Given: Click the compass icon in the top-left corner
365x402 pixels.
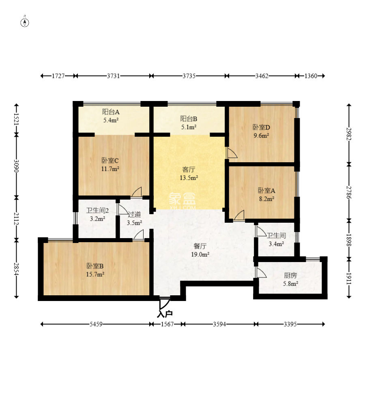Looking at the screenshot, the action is click(25, 23).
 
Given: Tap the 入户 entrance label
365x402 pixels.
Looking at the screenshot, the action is click(165, 314).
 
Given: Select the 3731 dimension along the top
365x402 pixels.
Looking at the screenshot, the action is click(113, 76).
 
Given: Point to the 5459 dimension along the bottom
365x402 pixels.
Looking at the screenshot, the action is click(96, 324).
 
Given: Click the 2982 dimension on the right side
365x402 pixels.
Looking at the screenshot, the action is click(349, 134).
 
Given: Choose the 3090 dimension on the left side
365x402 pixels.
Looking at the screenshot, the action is click(16, 166).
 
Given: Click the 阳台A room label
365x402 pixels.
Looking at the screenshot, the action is click(111, 112).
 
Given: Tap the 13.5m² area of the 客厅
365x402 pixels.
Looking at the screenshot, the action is click(189, 178).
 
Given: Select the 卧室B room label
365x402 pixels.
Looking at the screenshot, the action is click(95, 266).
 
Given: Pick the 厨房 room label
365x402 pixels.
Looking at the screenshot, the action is click(290, 275).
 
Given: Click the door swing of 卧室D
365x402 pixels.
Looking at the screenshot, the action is click(232, 153).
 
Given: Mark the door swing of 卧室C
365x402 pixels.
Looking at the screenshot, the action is click(136, 192).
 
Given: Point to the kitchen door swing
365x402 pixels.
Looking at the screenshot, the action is click(261, 273).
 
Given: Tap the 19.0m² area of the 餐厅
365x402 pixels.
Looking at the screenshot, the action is click(200, 255).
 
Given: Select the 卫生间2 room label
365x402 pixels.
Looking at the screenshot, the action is click(97, 211).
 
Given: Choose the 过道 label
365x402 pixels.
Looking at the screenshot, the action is click(134, 214).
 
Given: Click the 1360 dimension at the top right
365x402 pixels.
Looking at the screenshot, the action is click(311, 76).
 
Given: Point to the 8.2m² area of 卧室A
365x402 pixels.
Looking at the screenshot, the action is click(266, 199).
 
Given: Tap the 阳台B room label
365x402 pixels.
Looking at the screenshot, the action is click(189, 119).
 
